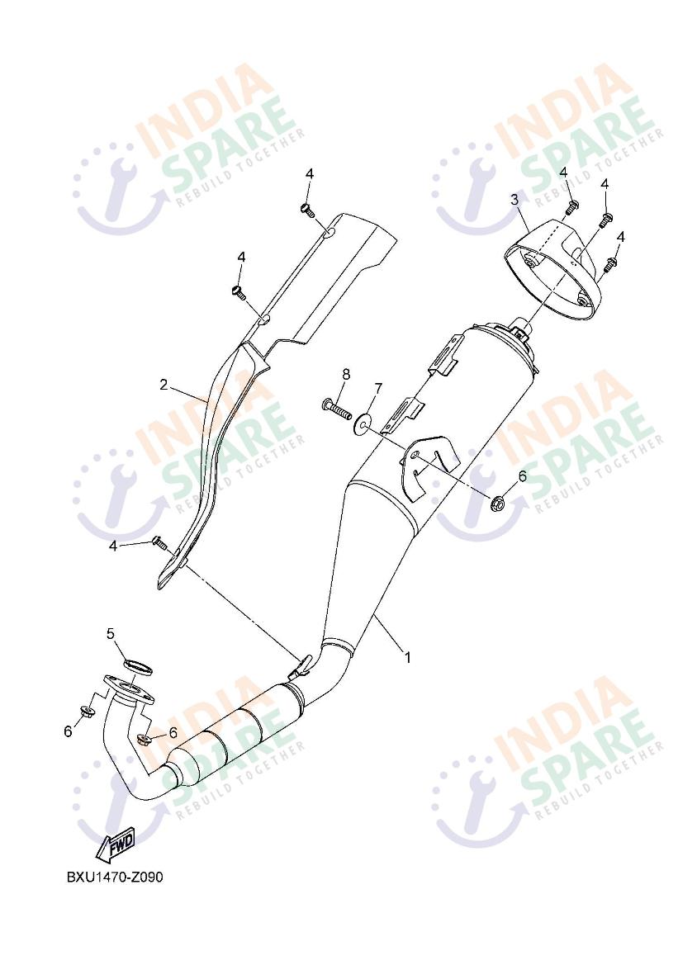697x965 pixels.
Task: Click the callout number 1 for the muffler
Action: click(x=407, y=657)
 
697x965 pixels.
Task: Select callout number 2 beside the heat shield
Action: click(x=164, y=386)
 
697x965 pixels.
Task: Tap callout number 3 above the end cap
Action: click(x=514, y=200)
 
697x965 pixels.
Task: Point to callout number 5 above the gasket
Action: click(x=111, y=633)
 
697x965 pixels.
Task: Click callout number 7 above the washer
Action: click(x=378, y=388)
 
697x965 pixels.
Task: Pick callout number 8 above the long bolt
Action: click(x=346, y=374)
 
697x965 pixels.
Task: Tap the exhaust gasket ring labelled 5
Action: click(x=138, y=666)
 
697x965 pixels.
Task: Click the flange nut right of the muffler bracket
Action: click(x=498, y=503)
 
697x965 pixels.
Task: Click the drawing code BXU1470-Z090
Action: click(x=115, y=877)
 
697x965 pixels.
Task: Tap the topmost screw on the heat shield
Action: click(x=308, y=211)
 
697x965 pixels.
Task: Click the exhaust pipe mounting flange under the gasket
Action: click(x=128, y=689)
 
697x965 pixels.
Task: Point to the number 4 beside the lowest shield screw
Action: click(x=112, y=546)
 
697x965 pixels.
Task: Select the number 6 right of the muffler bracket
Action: click(x=522, y=475)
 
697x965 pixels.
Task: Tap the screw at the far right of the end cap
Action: click(x=610, y=265)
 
